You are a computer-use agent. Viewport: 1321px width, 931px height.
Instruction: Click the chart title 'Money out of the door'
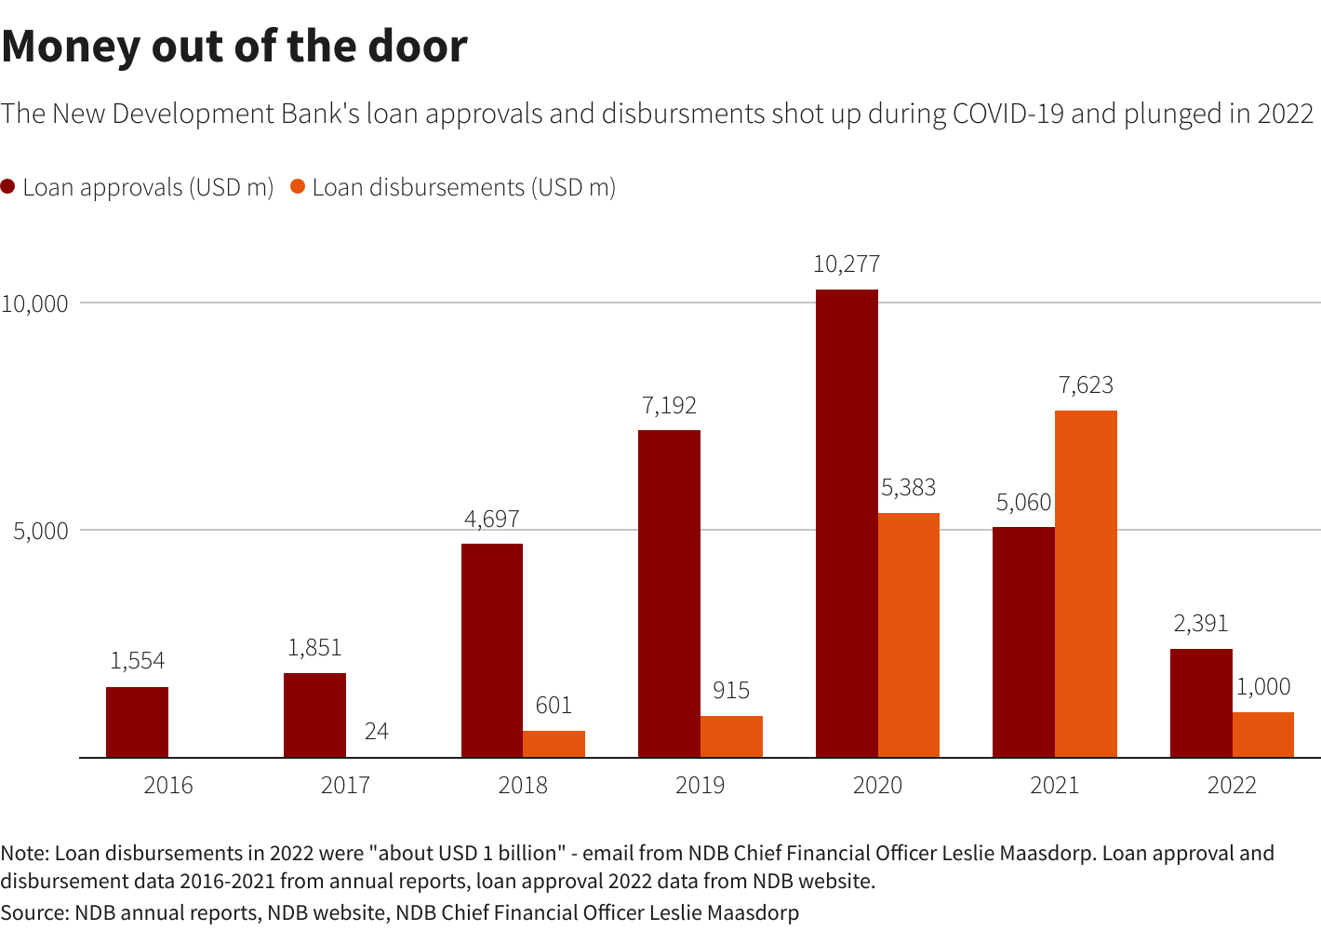(234, 47)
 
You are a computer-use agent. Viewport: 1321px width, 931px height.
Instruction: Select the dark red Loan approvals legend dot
(8, 187)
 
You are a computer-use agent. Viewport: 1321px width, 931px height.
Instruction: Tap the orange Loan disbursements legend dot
(298, 187)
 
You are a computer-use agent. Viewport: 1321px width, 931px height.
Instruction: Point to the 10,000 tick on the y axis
(35, 304)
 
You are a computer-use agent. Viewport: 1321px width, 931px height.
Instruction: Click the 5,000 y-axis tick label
(41, 532)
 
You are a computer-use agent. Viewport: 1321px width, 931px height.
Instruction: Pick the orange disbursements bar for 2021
(1086, 584)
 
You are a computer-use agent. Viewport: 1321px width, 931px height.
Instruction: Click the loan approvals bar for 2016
(137, 722)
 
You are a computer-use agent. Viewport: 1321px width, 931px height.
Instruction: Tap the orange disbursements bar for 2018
(554, 744)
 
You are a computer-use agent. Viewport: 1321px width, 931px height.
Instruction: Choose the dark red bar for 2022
(1201, 703)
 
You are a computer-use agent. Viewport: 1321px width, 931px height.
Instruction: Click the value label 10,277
(847, 264)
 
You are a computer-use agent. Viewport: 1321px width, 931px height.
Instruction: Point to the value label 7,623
(1086, 385)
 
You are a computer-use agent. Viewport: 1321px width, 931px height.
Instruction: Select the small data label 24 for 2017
(377, 732)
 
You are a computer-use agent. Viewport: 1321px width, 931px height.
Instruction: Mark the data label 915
(731, 691)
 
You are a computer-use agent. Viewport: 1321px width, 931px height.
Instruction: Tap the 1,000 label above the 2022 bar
(1263, 687)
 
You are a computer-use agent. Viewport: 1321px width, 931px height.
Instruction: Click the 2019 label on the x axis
(700, 786)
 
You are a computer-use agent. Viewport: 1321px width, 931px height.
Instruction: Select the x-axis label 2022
(1232, 786)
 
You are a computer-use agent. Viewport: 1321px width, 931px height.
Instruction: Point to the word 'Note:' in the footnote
(25, 854)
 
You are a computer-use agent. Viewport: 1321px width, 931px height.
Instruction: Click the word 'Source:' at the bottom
(34, 913)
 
